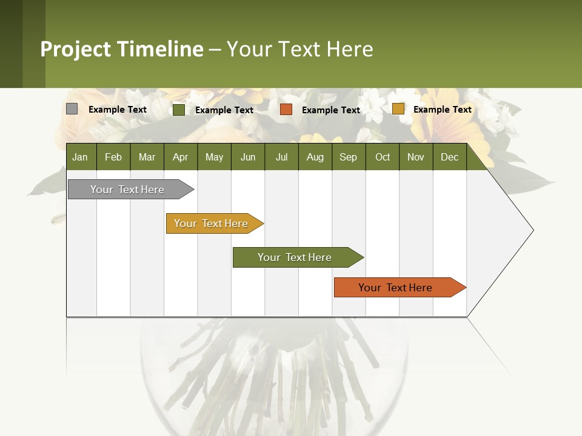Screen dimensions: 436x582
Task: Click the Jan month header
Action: click(80, 157)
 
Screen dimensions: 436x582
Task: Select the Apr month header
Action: click(181, 157)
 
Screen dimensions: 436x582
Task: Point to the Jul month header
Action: click(281, 157)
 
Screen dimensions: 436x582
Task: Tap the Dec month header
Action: click(449, 157)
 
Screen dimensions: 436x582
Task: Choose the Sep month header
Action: click(348, 157)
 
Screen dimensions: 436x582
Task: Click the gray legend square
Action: click(72, 109)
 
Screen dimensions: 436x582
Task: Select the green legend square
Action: click(179, 110)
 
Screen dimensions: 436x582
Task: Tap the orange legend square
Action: click(286, 110)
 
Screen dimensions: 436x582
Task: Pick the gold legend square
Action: click(398, 109)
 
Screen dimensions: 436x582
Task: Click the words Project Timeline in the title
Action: click(121, 49)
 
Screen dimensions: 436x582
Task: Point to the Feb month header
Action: click(113, 157)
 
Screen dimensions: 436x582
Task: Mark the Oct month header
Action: click(383, 157)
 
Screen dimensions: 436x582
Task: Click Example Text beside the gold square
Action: click(442, 110)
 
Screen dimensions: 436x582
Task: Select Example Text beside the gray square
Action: click(118, 110)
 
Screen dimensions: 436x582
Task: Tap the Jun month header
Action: click(248, 157)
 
